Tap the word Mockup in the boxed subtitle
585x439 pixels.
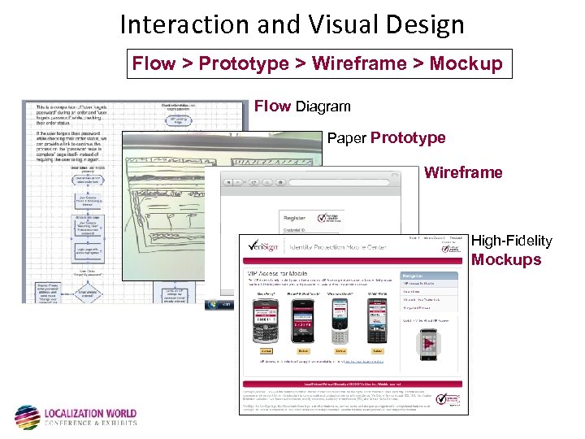click(x=466, y=63)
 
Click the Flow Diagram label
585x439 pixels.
click(x=302, y=106)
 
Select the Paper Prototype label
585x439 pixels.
click(x=386, y=138)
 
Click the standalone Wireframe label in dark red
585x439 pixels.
click(x=463, y=172)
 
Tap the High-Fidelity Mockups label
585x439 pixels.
click(x=511, y=250)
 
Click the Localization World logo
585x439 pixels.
click(x=76, y=416)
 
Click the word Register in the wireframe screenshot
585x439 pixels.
click(x=293, y=217)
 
